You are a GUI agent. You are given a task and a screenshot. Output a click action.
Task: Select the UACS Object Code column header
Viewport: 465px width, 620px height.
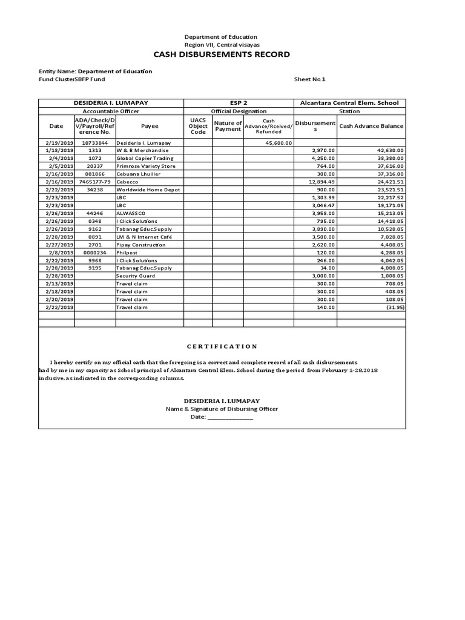coord(198,126)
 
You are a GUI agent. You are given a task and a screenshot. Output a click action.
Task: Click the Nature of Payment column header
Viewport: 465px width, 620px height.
coord(228,126)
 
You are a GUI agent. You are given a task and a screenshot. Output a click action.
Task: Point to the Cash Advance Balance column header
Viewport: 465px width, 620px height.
coord(371,126)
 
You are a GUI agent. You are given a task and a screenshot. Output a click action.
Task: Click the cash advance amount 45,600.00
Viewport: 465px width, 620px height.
coord(279,142)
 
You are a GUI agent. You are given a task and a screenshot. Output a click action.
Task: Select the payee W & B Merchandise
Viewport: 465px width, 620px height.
coord(142,150)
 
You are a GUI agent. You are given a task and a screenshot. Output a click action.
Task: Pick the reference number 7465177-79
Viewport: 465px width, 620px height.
coord(94,182)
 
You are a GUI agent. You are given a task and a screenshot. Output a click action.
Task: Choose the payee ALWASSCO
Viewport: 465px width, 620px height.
coord(132,213)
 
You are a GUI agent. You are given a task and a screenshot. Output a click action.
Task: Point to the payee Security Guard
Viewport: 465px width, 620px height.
coord(136,275)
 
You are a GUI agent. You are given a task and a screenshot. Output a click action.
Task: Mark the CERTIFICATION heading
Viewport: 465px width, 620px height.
coord(222,346)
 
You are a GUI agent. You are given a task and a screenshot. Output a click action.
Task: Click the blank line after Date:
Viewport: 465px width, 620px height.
coord(231,417)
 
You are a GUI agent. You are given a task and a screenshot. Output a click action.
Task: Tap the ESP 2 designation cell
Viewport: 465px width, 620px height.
coord(239,103)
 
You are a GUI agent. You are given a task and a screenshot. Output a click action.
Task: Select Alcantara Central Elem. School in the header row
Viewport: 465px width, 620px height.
coord(349,103)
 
